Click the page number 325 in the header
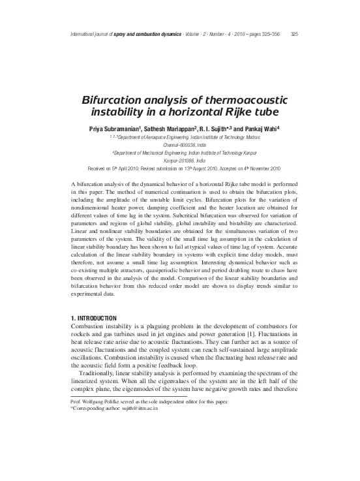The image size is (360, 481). [294, 35]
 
